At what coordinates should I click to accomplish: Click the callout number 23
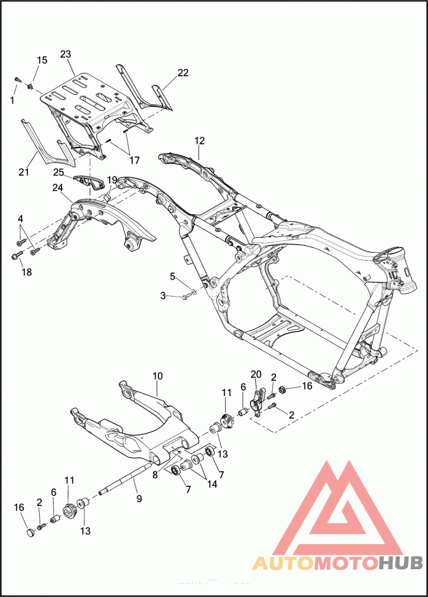click(x=66, y=54)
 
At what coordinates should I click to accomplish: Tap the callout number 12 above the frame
click(x=200, y=141)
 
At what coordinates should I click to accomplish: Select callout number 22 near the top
click(x=183, y=73)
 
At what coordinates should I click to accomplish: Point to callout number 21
click(x=23, y=172)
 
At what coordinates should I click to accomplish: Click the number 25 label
click(x=58, y=172)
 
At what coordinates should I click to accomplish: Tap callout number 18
click(x=27, y=272)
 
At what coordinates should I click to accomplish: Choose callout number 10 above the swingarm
click(x=157, y=376)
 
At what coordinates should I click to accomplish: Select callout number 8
click(x=155, y=474)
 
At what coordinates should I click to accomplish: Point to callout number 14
click(x=212, y=485)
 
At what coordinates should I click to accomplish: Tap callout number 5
click(x=173, y=276)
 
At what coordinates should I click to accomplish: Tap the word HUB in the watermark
click(x=401, y=562)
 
